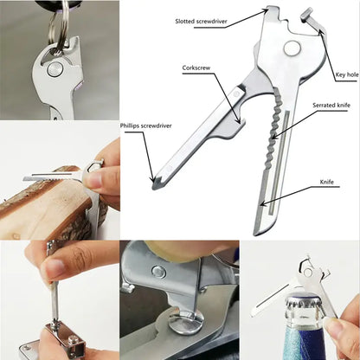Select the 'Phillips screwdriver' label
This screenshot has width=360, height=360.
146,126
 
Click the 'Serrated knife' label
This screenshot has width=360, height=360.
331,105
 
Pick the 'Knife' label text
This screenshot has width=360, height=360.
328,183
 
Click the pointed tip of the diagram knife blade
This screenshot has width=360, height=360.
257,231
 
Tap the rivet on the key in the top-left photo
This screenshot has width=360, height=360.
55,66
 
